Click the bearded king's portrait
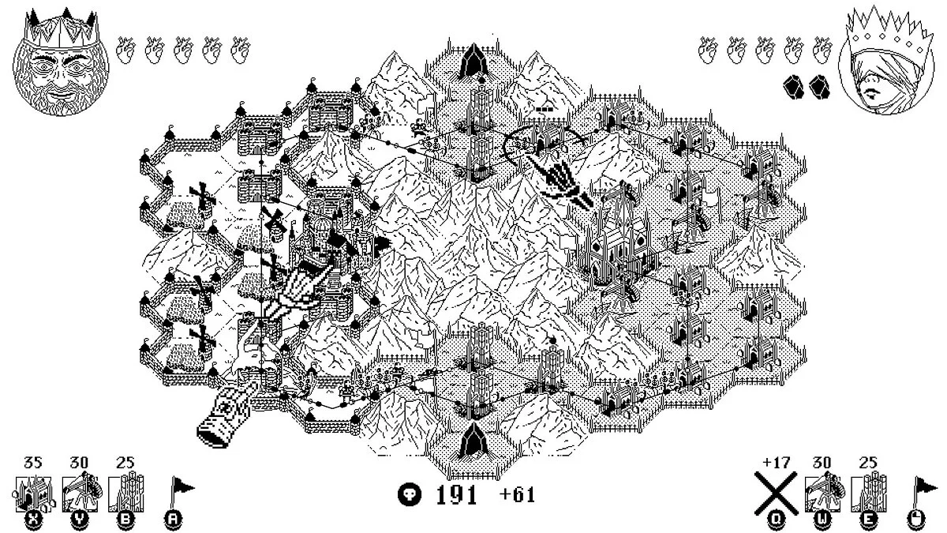(x=61, y=63)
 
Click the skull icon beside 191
(x=410, y=494)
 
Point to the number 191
(x=457, y=495)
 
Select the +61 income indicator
(x=517, y=494)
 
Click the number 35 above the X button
(x=33, y=463)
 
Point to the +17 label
(x=777, y=463)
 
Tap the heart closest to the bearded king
(x=125, y=50)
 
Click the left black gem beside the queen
(x=793, y=87)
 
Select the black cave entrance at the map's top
(x=473, y=62)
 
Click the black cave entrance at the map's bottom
(x=473, y=443)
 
